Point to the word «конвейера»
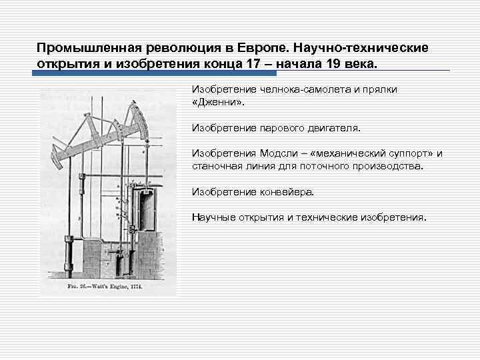click(x=283, y=191)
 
